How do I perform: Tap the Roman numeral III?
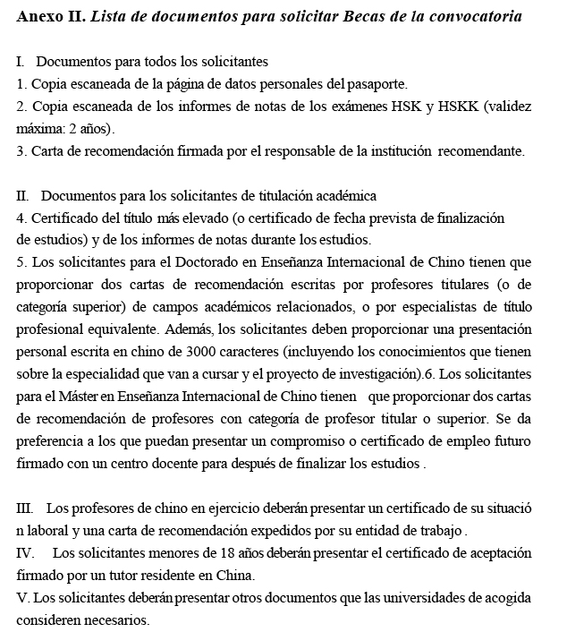25,508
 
